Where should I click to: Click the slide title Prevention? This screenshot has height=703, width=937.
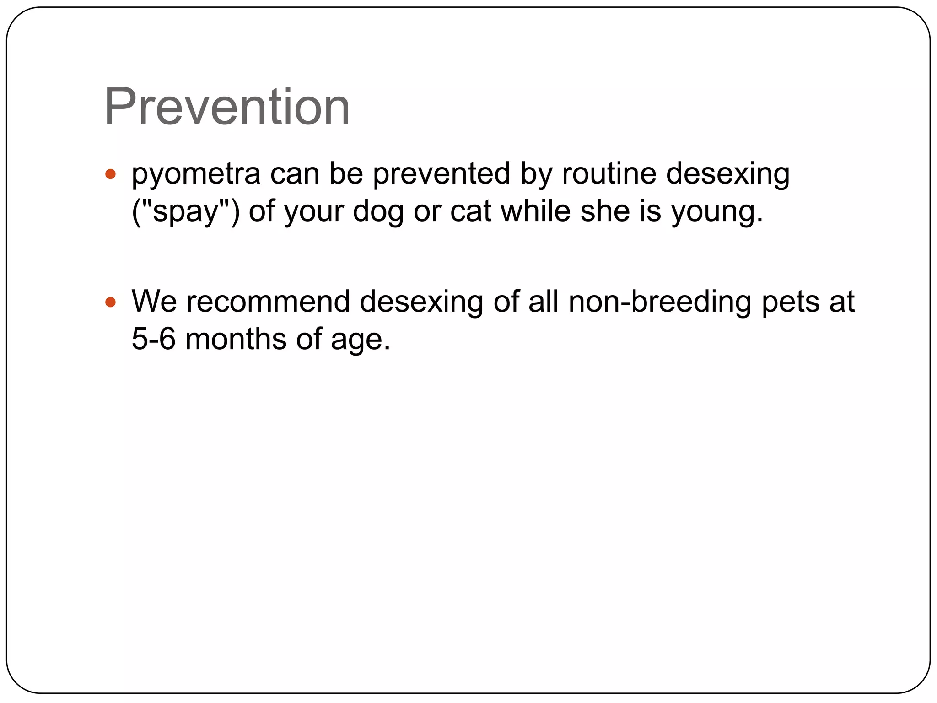click(x=227, y=107)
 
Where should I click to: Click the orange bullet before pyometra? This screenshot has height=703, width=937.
click(x=110, y=174)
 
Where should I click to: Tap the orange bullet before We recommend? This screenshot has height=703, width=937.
click(x=110, y=302)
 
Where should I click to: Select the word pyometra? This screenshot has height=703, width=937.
click(x=196, y=175)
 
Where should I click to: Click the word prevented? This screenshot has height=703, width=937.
click(x=442, y=174)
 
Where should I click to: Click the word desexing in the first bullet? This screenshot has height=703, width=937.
click(x=727, y=175)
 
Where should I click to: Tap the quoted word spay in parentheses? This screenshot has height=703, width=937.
click(x=186, y=211)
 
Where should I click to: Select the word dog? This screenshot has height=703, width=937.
click(x=378, y=212)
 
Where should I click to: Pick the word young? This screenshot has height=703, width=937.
click(x=716, y=212)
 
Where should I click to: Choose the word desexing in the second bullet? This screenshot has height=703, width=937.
click(x=421, y=302)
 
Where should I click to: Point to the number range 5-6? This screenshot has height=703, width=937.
click(x=153, y=339)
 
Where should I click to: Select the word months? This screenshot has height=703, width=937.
click(x=236, y=339)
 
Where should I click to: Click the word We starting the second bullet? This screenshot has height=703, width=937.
click(x=154, y=302)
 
